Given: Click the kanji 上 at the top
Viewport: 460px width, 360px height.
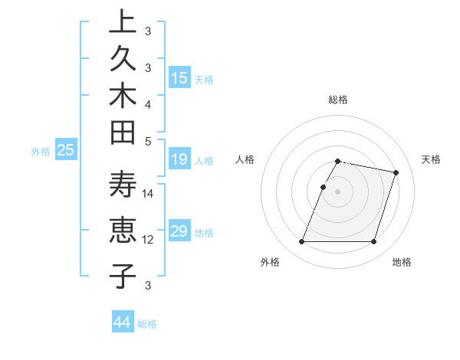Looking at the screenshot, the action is pyautogui.click(x=122, y=22).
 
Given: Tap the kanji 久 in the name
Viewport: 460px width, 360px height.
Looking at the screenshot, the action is pyautogui.click(x=122, y=61).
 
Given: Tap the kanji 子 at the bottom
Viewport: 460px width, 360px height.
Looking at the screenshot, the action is pyautogui.click(x=122, y=276).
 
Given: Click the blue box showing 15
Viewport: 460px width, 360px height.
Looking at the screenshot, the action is pyautogui.click(x=179, y=78).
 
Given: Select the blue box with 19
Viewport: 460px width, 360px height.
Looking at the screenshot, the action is pyautogui.click(x=179, y=159).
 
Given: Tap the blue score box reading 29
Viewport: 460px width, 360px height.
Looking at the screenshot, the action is pyautogui.click(x=179, y=231).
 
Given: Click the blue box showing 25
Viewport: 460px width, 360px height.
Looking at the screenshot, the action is pyautogui.click(x=65, y=151).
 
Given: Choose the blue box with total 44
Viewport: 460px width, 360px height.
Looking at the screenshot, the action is pyautogui.click(x=122, y=322).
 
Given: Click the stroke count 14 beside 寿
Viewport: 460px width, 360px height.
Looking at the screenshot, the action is pyautogui.click(x=148, y=194).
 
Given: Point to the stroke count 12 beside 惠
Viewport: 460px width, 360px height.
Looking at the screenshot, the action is pyautogui.click(x=148, y=240).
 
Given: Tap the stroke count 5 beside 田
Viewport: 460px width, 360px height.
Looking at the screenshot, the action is pyautogui.click(x=148, y=141).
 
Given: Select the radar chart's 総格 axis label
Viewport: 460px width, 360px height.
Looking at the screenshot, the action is pyautogui.click(x=338, y=100).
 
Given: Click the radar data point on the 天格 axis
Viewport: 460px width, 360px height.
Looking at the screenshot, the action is pyautogui.click(x=396, y=173).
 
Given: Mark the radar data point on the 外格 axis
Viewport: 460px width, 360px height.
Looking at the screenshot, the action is pyautogui.click(x=301, y=242).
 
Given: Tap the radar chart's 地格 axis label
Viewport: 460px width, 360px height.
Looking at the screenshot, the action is pyautogui.click(x=402, y=263).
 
